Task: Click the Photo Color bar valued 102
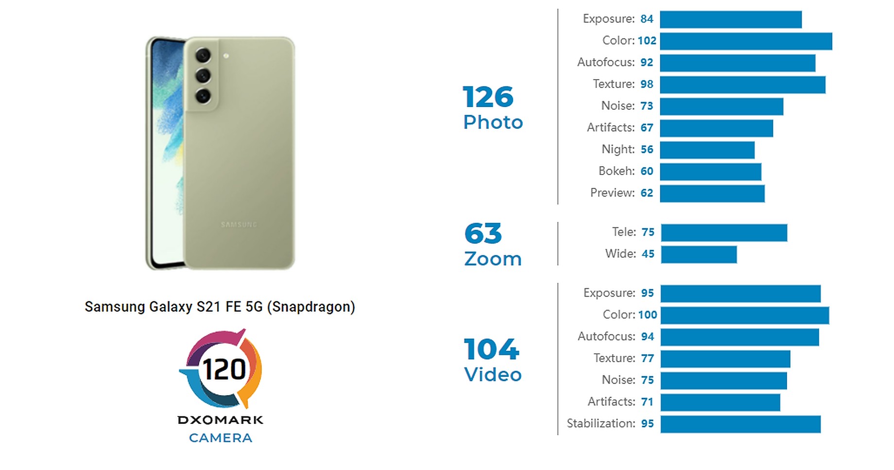pyautogui.click(x=746, y=41)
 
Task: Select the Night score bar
pyautogui.click(x=707, y=150)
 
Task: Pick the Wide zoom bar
pyautogui.click(x=699, y=255)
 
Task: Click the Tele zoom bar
pyautogui.click(x=724, y=233)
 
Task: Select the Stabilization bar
pyautogui.click(x=740, y=424)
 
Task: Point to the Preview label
pyautogui.click(x=612, y=193)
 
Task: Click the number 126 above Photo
pyautogui.click(x=488, y=97)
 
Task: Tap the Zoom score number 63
pyautogui.click(x=483, y=234)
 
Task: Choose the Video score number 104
pyautogui.click(x=491, y=349)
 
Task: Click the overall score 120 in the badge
pyautogui.click(x=224, y=370)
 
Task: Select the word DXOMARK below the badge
pyautogui.click(x=221, y=420)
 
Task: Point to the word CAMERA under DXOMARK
pyautogui.click(x=221, y=438)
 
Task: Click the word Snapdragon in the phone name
pyautogui.click(x=311, y=307)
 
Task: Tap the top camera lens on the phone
pyautogui.click(x=203, y=55)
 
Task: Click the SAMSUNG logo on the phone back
pyautogui.click(x=239, y=225)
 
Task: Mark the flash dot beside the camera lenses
pyautogui.click(x=226, y=56)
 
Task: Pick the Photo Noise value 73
pyautogui.click(x=647, y=106)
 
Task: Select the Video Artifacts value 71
pyautogui.click(x=647, y=402)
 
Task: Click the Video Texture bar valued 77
pyautogui.click(x=725, y=359)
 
